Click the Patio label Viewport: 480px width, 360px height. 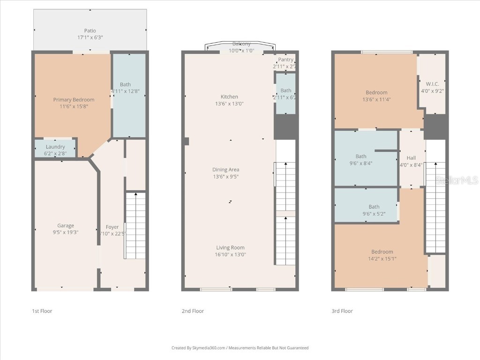[x=90, y=30]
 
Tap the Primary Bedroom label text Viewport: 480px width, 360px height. [x=74, y=99]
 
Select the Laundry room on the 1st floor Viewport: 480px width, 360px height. [x=55, y=149]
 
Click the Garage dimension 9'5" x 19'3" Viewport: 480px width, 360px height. [x=66, y=232]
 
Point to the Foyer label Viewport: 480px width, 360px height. [x=112, y=227]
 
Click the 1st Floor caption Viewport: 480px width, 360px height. [x=42, y=311]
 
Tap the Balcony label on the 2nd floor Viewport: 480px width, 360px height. [x=241, y=44]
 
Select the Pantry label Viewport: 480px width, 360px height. [x=285, y=60]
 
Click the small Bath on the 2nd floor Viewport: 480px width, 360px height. [x=285, y=93]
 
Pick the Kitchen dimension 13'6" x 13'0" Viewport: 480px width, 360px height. [x=229, y=104]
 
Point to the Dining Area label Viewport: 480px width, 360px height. [x=226, y=170]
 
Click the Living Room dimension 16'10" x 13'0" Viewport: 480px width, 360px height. [x=230, y=255]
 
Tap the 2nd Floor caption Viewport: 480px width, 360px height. [x=193, y=311]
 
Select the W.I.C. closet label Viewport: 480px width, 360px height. [x=432, y=84]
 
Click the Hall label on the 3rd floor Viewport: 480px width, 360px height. [x=411, y=158]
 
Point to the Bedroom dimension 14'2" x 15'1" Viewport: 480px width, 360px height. [x=382, y=258]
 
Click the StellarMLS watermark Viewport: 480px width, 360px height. [x=457, y=180]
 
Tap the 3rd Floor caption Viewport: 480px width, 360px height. [x=342, y=311]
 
